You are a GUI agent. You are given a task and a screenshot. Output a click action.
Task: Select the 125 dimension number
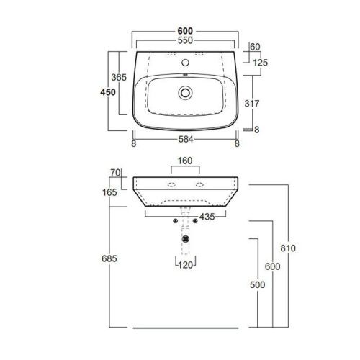(260, 63)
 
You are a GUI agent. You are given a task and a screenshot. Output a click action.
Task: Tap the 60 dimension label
(254, 47)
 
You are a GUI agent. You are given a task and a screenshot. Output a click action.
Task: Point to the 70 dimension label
(115, 173)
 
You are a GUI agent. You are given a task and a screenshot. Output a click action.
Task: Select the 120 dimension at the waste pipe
(186, 266)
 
